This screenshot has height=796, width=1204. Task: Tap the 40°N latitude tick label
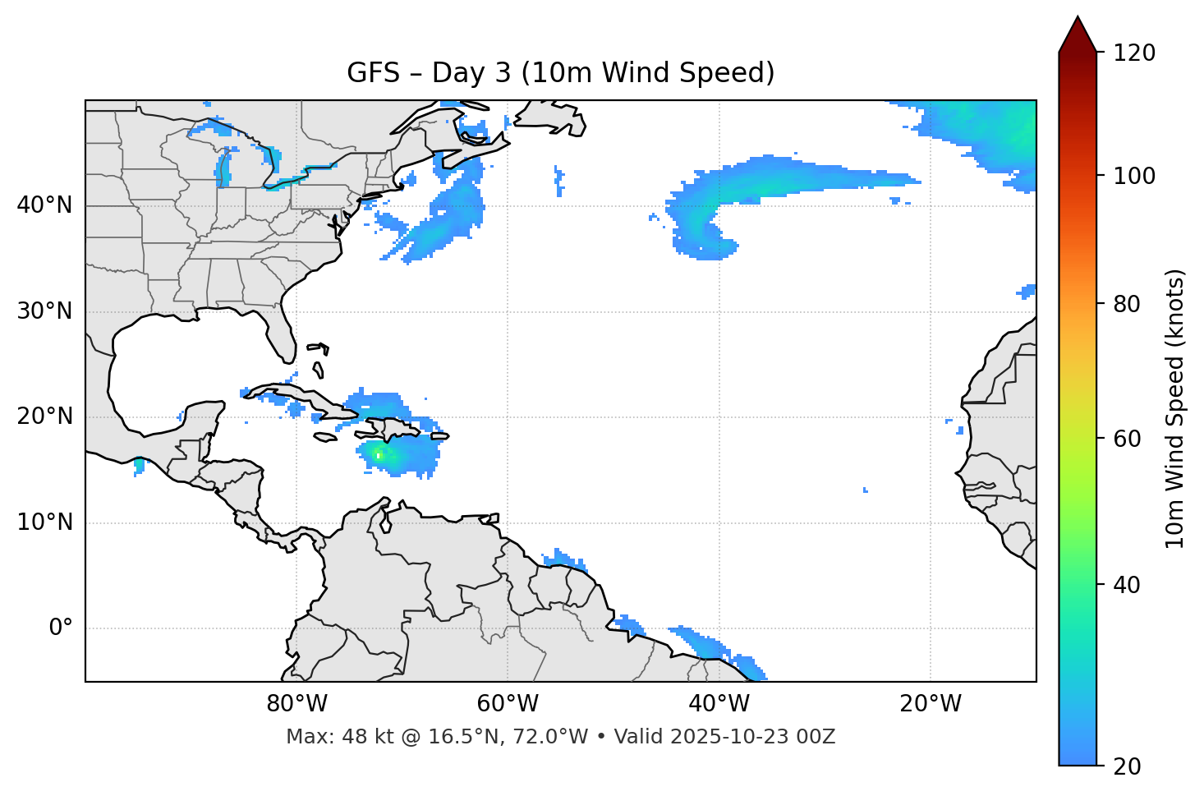[44, 205]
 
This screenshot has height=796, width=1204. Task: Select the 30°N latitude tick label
[44, 311]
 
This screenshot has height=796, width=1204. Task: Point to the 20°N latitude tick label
[44, 416]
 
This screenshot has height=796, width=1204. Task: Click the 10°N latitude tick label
[44, 522]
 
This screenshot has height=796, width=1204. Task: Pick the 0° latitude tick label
[61, 628]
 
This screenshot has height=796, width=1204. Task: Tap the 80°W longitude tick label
[296, 704]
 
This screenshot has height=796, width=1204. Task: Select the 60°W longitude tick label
[508, 704]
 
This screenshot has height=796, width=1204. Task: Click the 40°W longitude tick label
[719, 704]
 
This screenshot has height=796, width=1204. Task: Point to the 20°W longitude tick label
[930, 704]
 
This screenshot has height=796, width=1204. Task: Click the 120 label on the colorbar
[1134, 53]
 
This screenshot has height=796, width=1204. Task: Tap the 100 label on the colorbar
[1134, 176]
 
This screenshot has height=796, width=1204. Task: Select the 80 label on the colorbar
[1128, 304]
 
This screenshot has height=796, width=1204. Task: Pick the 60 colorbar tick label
[1128, 439]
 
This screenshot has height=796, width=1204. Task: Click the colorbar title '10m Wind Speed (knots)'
[1175, 409]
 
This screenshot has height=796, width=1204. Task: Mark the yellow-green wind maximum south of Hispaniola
[378, 454]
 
